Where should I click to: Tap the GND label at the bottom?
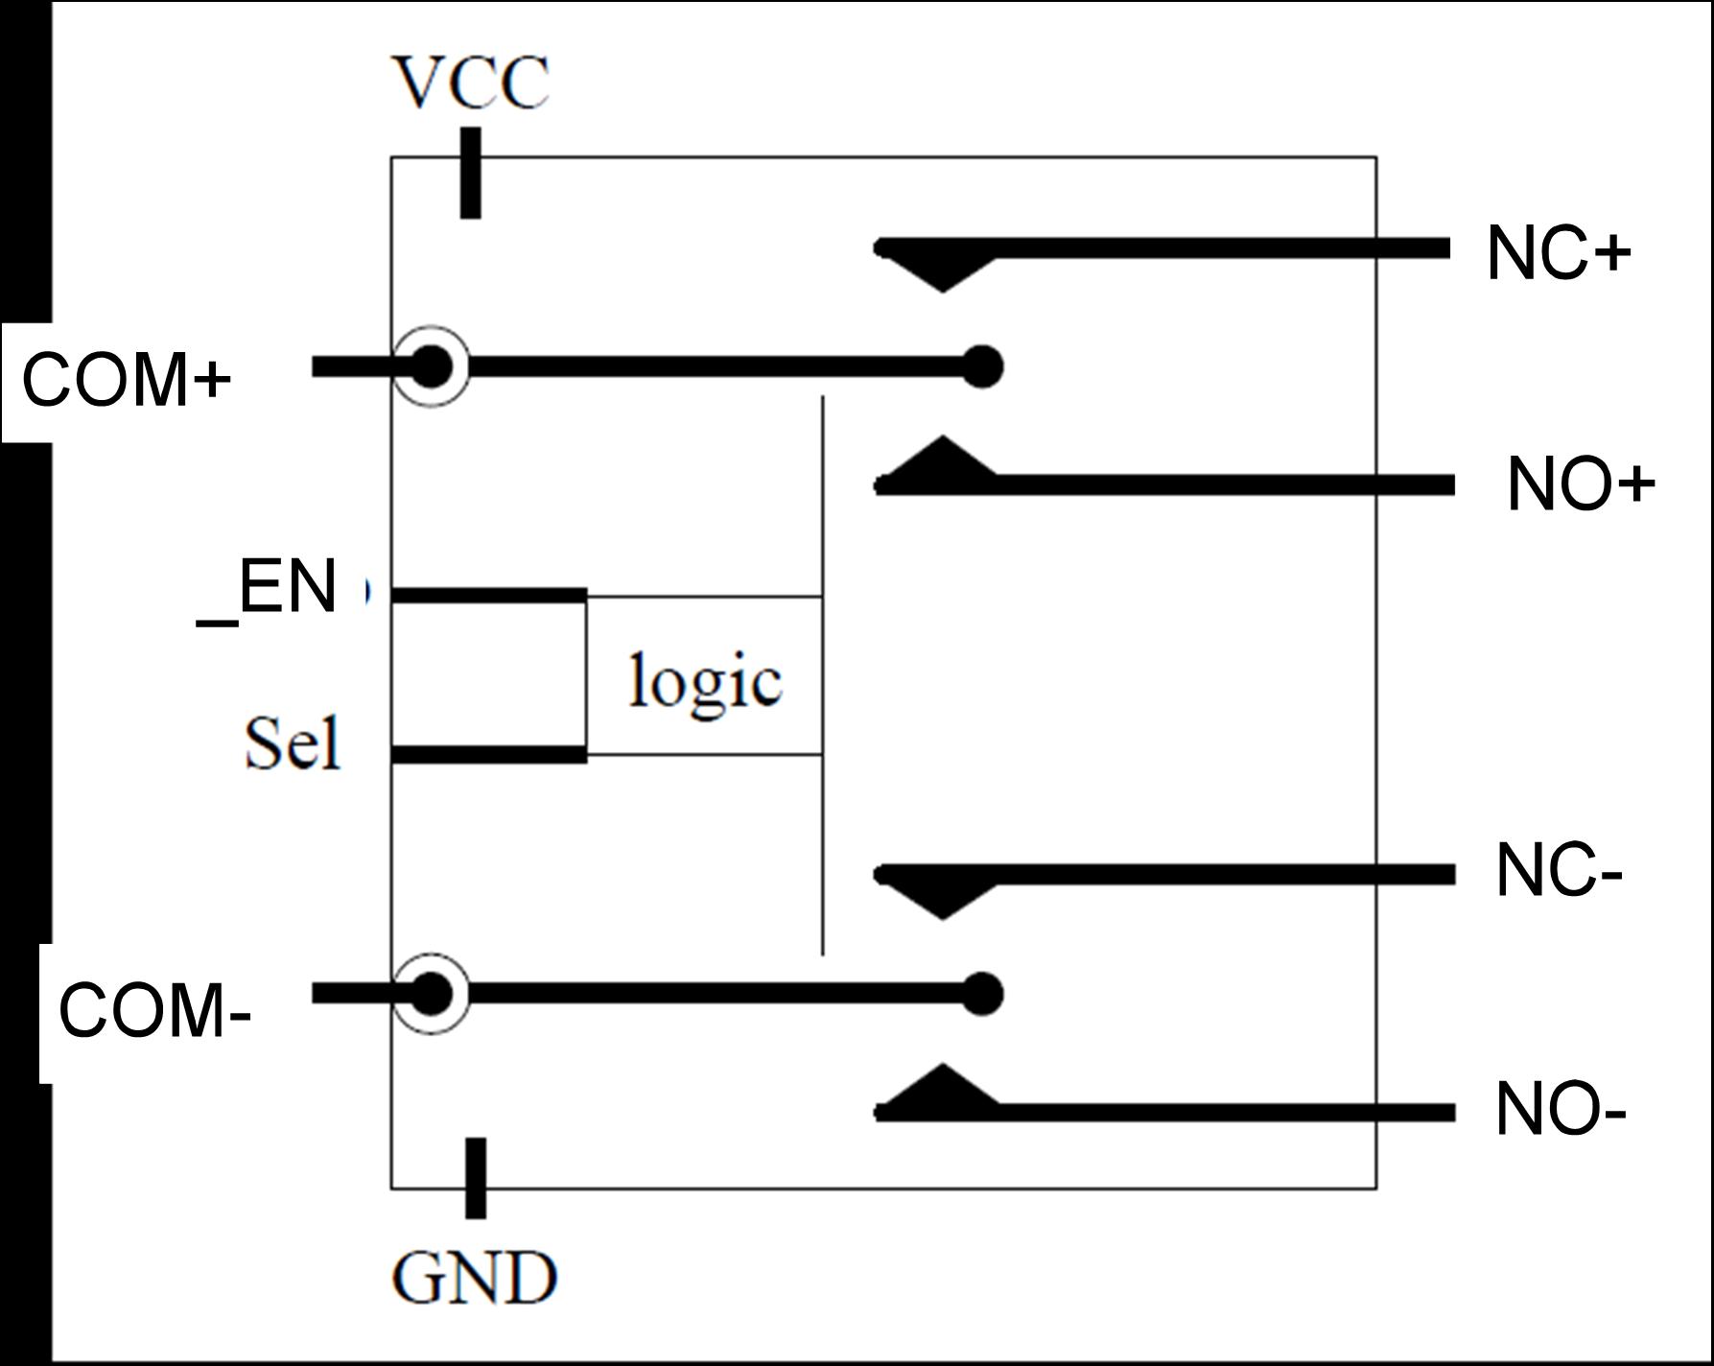coord(475,1278)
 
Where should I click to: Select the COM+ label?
coord(127,380)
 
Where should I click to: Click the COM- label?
coord(154,1012)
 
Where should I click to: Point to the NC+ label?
coord(1559,254)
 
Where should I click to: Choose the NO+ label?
coord(1581,484)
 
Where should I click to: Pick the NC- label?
coord(1558,873)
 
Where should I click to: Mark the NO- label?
coord(1560,1112)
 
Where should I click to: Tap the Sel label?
coord(293,743)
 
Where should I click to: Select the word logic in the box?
coord(705,681)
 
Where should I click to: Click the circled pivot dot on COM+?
coord(432,366)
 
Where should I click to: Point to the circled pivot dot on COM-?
coord(432,994)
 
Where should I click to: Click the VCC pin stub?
coord(470,174)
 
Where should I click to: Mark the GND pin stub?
coord(475,1178)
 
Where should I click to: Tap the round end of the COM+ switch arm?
coord(982,365)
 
